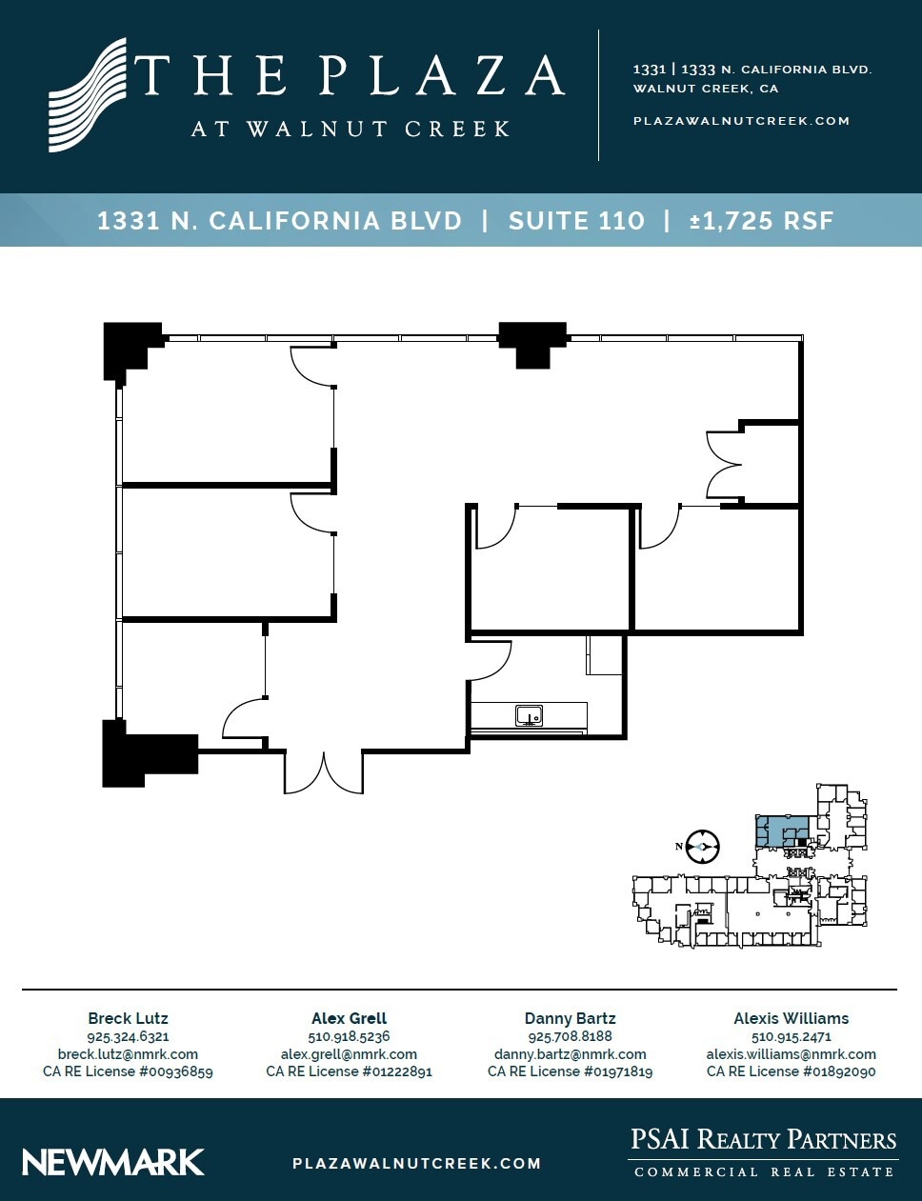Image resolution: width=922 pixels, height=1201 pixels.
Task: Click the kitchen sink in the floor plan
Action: tap(529, 715)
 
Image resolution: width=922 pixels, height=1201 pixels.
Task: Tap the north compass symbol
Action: tap(702, 846)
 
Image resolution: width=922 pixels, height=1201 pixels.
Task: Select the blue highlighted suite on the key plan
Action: tap(781, 831)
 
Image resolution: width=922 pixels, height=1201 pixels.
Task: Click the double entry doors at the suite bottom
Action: tap(324, 772)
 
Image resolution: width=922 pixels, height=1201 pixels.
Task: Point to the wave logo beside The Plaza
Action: tap(88, 95)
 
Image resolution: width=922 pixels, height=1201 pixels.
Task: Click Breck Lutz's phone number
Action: tap(128, 1036)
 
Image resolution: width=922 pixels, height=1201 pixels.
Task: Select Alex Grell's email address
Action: tap(349, 1054)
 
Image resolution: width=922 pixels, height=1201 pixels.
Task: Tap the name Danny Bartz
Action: tap(570, 1018)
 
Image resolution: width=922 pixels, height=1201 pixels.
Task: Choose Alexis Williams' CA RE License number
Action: tap(791, 1071)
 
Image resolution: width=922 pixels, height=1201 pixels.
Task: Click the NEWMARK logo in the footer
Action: tap(113, 1162)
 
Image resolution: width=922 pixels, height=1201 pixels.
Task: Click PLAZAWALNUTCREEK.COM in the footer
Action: tap(416, 1163)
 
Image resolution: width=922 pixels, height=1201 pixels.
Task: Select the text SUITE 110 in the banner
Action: tap(576, 221)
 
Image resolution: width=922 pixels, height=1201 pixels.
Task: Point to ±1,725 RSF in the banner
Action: tap(761, 221)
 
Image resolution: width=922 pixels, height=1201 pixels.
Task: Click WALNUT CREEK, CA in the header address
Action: tap(706, 89)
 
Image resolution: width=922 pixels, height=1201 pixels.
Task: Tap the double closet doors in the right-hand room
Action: tap(724, 465)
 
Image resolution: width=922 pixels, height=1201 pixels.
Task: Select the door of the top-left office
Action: tap(312, 368)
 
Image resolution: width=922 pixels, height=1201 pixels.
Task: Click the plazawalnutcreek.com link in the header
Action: tap(741, 121)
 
